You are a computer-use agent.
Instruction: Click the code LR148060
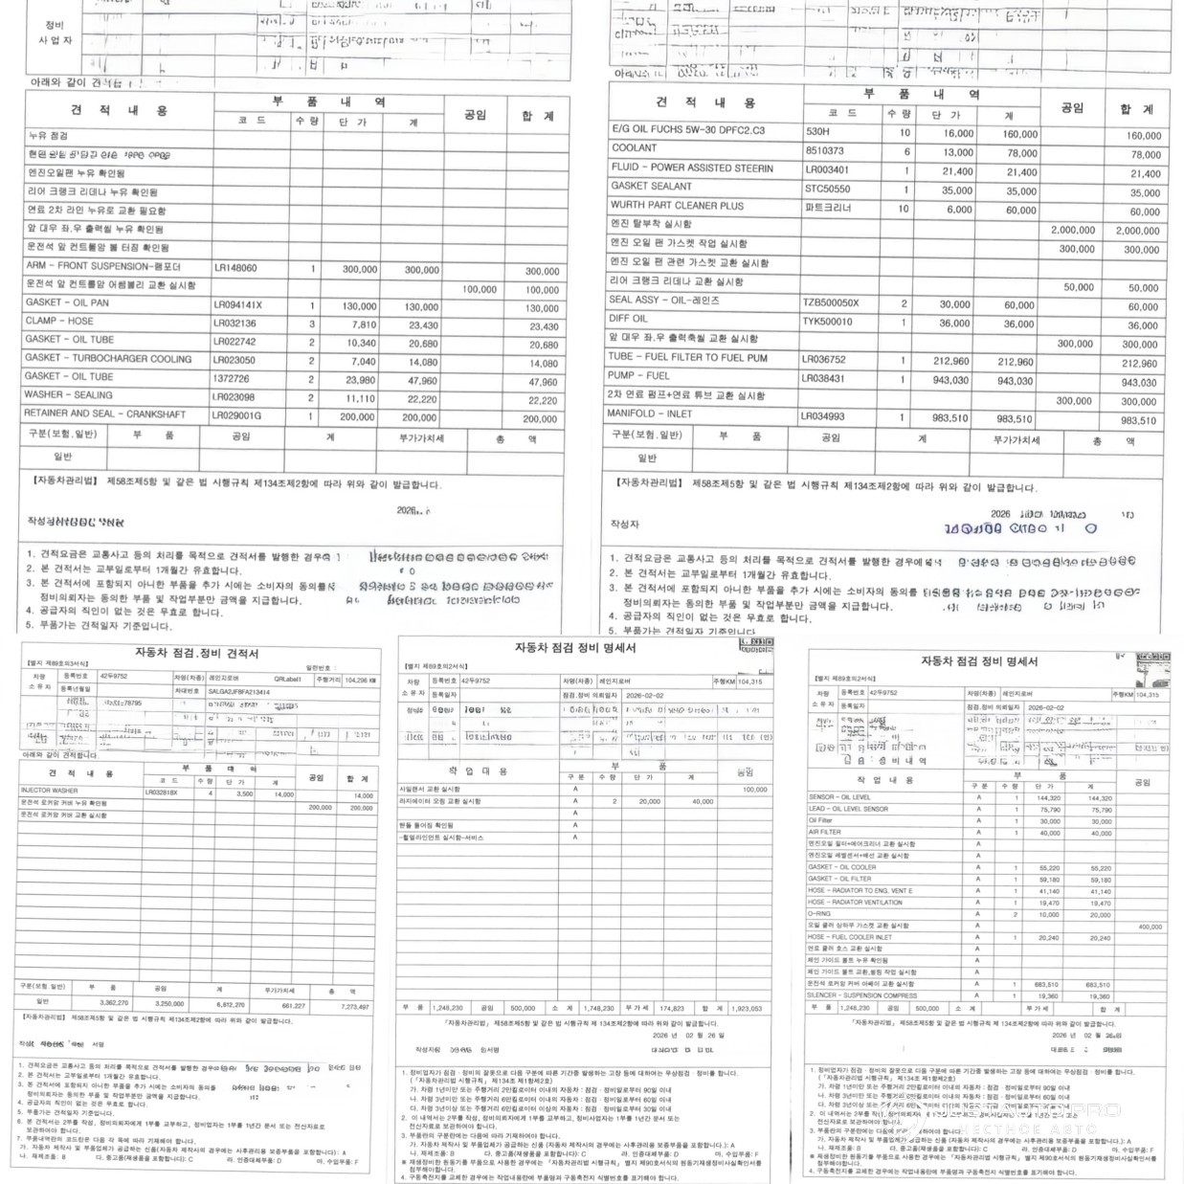point(235,268)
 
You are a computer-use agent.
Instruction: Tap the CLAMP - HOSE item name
point(59,322)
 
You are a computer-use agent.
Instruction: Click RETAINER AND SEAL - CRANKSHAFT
point(105,413)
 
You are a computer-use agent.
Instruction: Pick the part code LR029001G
point(236,416)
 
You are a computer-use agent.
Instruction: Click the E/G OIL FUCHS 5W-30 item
point(688,129)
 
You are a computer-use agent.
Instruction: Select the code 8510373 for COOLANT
point(824,151)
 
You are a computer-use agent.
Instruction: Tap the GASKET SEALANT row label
point(651,186)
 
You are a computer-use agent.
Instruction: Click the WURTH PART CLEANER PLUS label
point(677,205)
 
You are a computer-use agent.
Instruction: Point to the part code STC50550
point(827,189)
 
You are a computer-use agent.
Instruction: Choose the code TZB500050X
point(831,303)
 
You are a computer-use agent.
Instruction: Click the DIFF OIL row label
point(629,319)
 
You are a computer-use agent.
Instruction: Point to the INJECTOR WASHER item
point(49,792)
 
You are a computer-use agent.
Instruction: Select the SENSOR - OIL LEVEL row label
point(839,797)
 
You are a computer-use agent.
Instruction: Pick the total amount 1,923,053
point(746,1008)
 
